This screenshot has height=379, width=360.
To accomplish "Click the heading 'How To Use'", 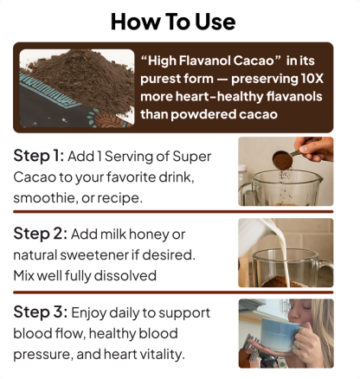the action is (173, 22).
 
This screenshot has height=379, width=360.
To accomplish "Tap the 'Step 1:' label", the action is (38, 156).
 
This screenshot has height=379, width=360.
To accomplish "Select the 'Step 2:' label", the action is (40, 234).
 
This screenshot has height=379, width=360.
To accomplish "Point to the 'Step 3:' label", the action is (41, 312).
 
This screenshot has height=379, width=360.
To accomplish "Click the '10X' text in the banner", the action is (312, 79).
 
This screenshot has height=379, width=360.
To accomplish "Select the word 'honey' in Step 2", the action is (149, 234).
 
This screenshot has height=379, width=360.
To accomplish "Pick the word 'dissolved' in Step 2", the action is (125, 275).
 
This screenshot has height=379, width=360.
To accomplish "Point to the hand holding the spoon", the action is (315, 148).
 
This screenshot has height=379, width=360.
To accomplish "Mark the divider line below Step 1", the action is (173, 212).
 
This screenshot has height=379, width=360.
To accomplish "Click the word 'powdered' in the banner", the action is (203, 114).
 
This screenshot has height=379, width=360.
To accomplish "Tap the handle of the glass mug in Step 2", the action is (326, 269).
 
